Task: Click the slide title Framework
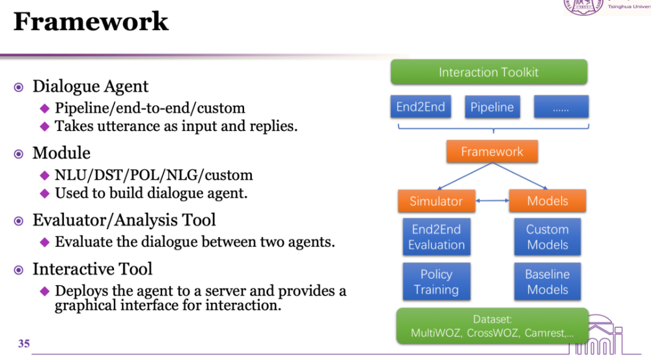pos(91,21)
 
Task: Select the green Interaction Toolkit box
pos(489,72)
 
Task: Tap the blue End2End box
pos(421,107)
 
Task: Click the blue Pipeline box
pos(492,107)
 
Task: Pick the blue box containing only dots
pos(561,107)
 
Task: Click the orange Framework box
pos(492,151)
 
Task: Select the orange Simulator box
pos(436,201)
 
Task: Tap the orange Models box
pos(547,201)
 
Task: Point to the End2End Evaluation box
pos(436,237)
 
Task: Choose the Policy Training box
pos(436,281)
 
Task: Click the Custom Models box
pos(547,237)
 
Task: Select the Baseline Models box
pos(547,281)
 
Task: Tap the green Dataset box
pos(492,326)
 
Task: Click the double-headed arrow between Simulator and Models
pos(492,201)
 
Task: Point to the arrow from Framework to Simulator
pos(465,176)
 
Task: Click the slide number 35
pos(23,343)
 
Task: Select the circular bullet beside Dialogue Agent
pos(19,87)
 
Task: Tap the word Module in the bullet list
pos(61,153)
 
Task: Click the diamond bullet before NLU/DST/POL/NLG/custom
pos(45,175)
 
